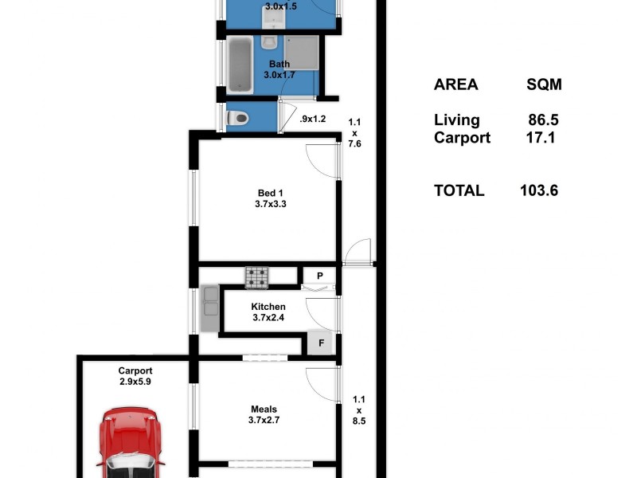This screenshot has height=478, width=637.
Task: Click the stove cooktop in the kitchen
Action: [256, 276]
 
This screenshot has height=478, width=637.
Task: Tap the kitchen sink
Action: [210, 308]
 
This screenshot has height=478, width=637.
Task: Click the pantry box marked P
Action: [319, 276]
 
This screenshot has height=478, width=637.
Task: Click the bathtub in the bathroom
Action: [240, 65]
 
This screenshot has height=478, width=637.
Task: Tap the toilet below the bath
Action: [236, 119]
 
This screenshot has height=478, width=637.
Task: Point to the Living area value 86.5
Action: [543, 120]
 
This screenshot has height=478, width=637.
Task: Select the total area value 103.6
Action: [539, 190]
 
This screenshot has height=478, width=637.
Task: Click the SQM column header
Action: [549, 85]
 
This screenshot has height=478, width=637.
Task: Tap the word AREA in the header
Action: [455, 85]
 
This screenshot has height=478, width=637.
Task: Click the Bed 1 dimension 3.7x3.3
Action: [269, 204]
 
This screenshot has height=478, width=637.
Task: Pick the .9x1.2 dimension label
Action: [313, 119]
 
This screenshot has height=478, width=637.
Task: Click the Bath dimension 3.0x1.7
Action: [279, 75]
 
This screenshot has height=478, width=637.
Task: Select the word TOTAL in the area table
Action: [459, 190]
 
